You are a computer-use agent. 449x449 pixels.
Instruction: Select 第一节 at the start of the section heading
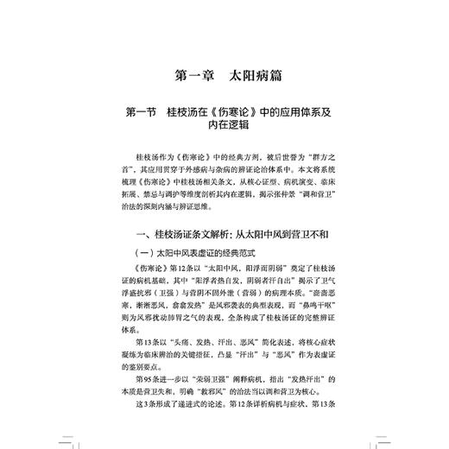coord(143,112)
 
